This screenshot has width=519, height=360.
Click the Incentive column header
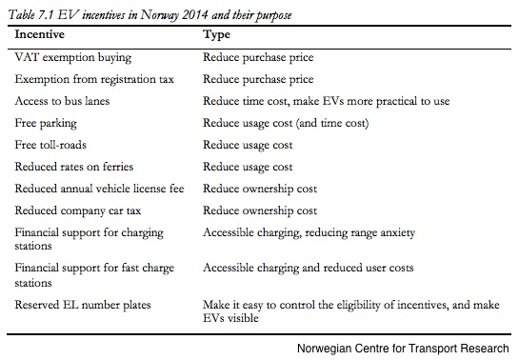pyautogui.click(x=40, y=34)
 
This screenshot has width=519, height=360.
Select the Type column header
pyautogui.click(x=216, y=34)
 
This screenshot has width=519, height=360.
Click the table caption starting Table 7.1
pyautogui.click(x=150, y=15)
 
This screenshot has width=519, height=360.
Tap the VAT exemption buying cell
pyautogui.click(x=73, y=57)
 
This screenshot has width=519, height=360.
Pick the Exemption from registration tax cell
pyautogui.click(x=94, y=79)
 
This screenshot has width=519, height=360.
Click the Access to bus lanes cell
pyautogui.click(x=62, y=101)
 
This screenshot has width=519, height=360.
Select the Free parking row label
pyautogui.click(x=46, y=123)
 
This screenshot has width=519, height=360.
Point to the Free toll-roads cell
pyautogui.click(x=50, y=145)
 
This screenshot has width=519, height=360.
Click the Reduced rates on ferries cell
pyautogui.click(x=74, y=167)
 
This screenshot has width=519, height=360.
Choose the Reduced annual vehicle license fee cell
pyautogui.click(x=99, y=189)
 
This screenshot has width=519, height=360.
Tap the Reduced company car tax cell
pyautogui.click(x=78, y=210)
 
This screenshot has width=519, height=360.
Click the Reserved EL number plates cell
pyautogui.click(x=83, y=305)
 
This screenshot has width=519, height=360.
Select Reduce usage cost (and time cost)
pyautogui.click(x=286, y=123)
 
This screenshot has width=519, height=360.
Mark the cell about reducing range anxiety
pyautogui.click(x=309, y=232)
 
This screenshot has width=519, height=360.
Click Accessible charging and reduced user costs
pyautogui.click(x=309, y=268)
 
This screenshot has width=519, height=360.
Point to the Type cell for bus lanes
pyautogui.click(x=326, y=101)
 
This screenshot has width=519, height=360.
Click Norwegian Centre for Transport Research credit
pyautogui.click(x=403, y=349)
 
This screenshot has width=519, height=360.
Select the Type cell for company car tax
pyautogui.click(x=260, y=210)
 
